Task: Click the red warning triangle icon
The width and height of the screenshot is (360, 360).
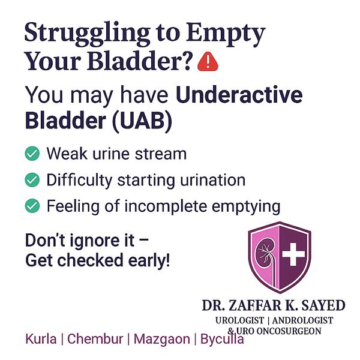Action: pos(208,62)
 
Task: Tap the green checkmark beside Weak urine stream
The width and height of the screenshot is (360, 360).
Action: pos(32,153)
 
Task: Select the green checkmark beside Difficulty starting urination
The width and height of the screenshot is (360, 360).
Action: pos(32,179)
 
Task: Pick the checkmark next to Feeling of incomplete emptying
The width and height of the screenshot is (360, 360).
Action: pos(32,205)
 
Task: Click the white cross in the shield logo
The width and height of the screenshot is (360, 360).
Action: pos(293,254)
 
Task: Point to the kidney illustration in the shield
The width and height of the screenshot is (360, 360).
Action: pos(266,255)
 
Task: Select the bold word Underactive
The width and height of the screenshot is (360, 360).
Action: pos(239,95)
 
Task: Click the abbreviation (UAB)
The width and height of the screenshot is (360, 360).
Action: pos(142,121)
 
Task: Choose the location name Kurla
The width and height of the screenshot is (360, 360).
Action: pos(41,338)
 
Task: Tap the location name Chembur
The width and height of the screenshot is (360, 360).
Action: pos(95,338)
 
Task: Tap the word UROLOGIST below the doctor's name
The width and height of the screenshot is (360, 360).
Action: pos(239,320)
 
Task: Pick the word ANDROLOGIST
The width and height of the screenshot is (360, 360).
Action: pos(302,320)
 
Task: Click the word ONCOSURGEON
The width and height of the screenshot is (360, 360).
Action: pos(289,331)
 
